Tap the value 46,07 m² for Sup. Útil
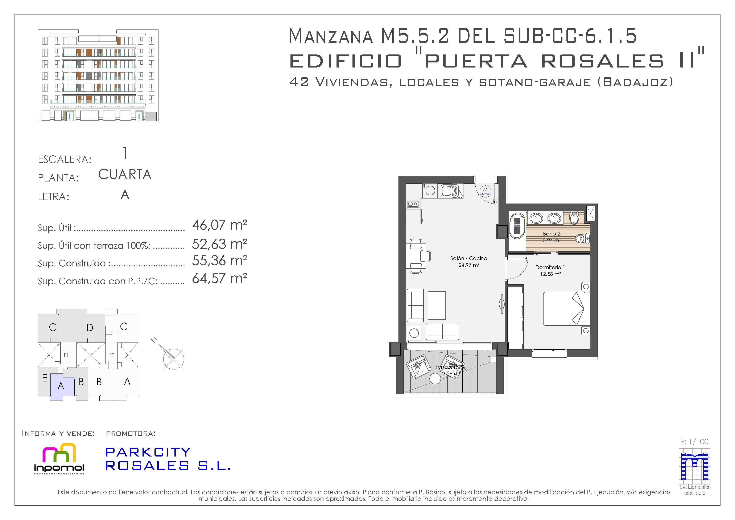220,225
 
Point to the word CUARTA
124,175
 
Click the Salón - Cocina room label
469,258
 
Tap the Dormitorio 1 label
550,267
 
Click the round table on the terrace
435,379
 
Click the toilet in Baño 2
582,238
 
